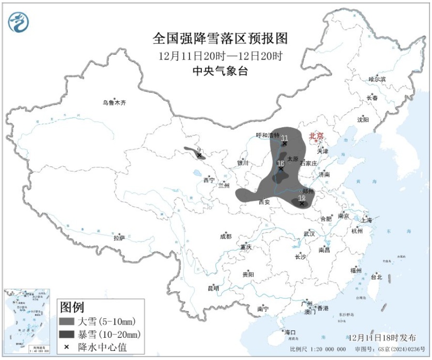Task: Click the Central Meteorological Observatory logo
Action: (x=18, y=22)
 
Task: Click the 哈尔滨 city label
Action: (x=377, y=79)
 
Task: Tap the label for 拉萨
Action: (x=119, y=238)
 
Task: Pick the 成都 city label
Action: (x=226, y=236)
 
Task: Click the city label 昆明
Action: (x=213, y=288)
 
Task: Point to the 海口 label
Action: (x=290, y=332)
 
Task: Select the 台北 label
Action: (x=376, y=277)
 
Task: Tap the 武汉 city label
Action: (x=309, y=233)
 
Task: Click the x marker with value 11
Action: (x=285, y=144)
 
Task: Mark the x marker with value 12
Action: (x=302, y=204)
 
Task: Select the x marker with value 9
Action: (x=200, y=155)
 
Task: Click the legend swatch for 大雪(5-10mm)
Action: (x=67, y=321)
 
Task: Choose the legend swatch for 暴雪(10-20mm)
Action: (x=67, y=334)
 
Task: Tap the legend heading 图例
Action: (x=71, y=307)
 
